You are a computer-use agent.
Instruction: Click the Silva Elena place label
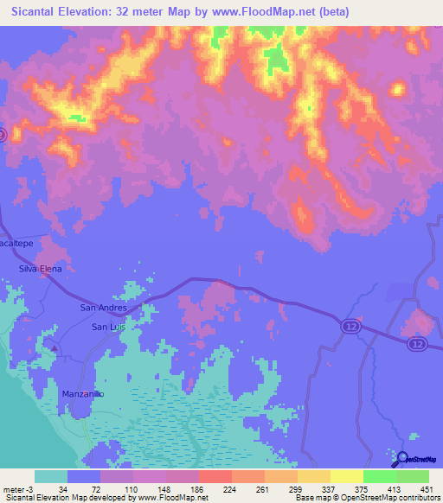click(41, 270)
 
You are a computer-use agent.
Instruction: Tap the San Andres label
click(103, 308)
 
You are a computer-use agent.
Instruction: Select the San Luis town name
click(110, 327)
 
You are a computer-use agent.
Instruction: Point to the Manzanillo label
click(83, 393)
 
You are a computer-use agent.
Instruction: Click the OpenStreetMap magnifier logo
click(401, 458)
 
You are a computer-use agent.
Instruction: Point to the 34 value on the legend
click(62, 487)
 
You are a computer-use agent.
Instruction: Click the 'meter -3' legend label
click(18, 487)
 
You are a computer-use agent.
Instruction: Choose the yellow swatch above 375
click(346, 476)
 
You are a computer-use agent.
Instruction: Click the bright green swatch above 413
click(380, 476)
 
